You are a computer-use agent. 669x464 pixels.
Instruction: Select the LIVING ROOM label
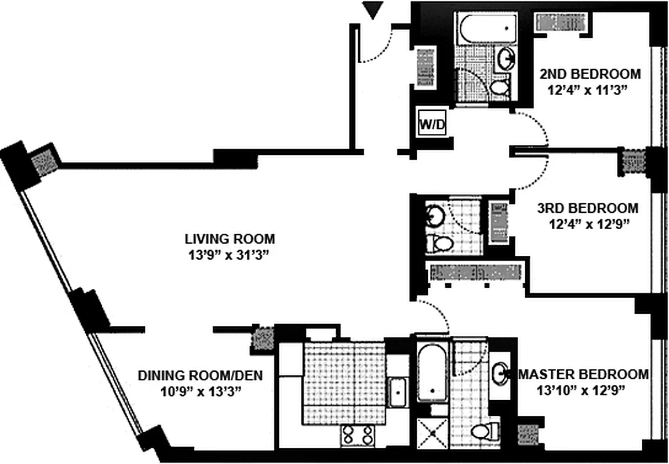[230, 238]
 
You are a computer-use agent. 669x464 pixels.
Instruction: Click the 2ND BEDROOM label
[590, 74]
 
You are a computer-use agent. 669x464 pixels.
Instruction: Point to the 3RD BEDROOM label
[587, 208]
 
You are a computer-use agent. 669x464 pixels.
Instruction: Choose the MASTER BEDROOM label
[583, 374]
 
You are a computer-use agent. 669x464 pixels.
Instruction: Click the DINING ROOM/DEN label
[200, 376]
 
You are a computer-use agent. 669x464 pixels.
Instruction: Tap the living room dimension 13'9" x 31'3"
[230, 254]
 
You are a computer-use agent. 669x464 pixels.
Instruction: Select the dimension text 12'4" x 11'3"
[587, 89]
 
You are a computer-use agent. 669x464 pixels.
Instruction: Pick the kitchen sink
[398, 392]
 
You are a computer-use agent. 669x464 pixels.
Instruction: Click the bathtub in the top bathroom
[487, 27]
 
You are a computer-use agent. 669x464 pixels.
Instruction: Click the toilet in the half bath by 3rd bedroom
[437, 244]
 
